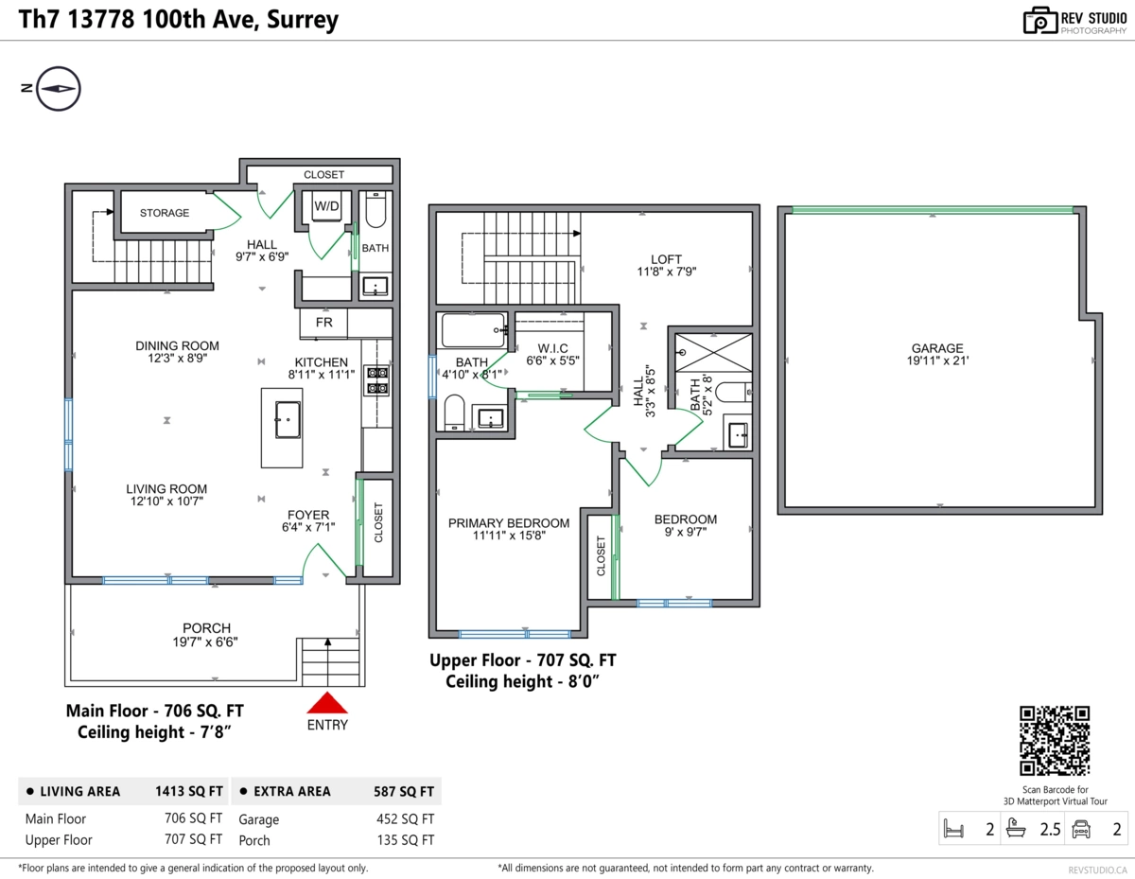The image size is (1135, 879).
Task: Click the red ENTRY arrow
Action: click(327, 703)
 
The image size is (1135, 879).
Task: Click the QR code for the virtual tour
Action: click(1055, 741)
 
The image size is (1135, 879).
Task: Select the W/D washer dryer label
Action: click(326, 205)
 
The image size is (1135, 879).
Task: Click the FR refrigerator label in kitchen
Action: click(323, 323)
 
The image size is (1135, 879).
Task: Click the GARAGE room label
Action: click(937, 348)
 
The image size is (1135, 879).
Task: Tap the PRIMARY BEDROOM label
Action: click(509, 523)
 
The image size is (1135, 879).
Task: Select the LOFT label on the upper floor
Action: click(666, 259)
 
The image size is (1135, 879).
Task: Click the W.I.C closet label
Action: click(552, 347)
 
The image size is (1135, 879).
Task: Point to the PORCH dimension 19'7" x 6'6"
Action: click(207, 642)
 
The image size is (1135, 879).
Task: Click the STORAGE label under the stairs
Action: click(165, 213)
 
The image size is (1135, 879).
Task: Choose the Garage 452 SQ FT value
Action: click(402, 819)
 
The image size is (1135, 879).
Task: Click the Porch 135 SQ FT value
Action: click(402, 840)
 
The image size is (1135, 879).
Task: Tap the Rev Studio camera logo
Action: click(1040, 21)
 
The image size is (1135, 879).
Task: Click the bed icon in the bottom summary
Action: click(953, 831)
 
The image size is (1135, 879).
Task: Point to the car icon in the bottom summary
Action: click(1080, 831)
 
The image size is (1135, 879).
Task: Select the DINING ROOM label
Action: click(177, 345)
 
